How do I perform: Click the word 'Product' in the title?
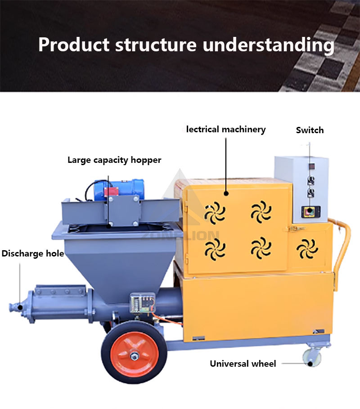pos(74,45)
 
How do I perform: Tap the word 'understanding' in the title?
pos(268,45)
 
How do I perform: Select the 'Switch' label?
pos(310,130)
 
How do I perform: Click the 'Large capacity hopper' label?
pos(114,160)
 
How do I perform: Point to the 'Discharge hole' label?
pos(32,253)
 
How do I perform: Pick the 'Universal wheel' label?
pos(243,363)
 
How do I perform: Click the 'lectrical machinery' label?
pos(226,130)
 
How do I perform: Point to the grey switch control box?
pos(301,189)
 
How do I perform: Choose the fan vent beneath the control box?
pos(308,248)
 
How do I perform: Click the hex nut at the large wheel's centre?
pos(134,356)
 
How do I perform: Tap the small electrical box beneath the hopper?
pos(142,303)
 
